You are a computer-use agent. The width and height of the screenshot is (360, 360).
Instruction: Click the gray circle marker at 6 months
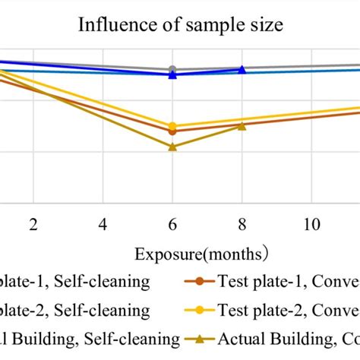coord(172,70)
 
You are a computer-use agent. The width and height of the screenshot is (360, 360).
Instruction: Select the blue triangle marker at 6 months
coord(172,75)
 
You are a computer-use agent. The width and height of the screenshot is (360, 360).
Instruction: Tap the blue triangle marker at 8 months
coord(242,70)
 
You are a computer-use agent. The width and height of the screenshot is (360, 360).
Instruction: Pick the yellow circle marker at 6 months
coord(172,126)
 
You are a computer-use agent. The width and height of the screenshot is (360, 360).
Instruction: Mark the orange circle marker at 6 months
coord(172,131)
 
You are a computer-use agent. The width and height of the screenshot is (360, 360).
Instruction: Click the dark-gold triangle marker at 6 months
coord(172,147)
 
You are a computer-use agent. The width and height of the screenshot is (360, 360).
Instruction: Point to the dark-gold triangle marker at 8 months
coord(242,126)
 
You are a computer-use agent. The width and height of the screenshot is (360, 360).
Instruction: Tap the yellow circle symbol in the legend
coord(200,310)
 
